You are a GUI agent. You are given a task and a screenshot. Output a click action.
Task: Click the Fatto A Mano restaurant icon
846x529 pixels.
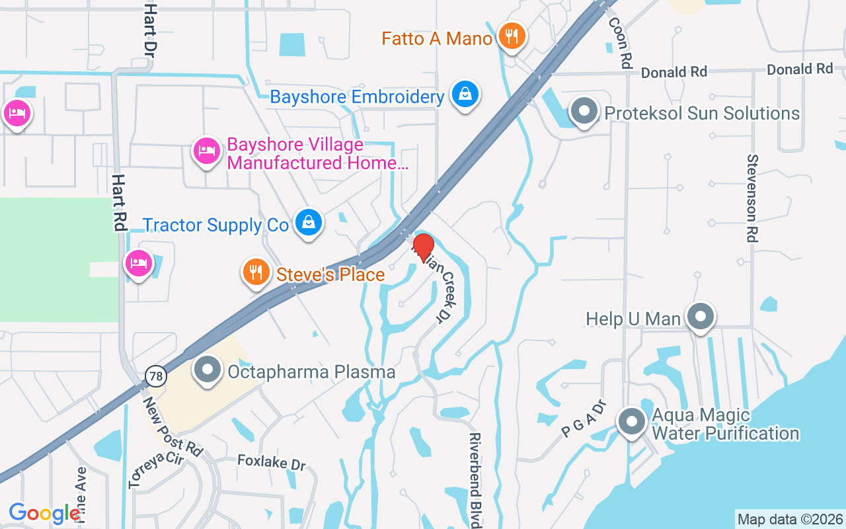tap(511, 36)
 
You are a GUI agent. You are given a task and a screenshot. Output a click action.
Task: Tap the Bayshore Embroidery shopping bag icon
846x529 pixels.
tap(465, 95)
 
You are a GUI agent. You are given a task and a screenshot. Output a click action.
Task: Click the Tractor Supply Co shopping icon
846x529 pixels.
tap(308, 222)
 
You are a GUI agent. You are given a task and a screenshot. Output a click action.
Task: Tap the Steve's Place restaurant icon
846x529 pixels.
tap(256, 272)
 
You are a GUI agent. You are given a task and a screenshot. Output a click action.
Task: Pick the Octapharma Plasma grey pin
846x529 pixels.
tap(208, 370)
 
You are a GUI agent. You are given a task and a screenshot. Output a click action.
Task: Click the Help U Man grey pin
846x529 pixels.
tap(699, 317)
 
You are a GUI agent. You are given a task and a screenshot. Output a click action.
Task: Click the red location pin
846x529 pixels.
tap(423, 247)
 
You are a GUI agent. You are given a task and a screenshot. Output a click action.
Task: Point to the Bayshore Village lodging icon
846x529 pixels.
tap(206, 151)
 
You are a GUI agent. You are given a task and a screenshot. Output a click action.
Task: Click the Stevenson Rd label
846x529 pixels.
tap(752, 198)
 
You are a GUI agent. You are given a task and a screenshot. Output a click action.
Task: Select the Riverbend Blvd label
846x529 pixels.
tap(475, 479)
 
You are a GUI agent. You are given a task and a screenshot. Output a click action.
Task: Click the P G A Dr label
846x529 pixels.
tap(584, 418)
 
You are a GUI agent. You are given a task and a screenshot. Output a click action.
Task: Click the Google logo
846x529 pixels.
tap(44, 513)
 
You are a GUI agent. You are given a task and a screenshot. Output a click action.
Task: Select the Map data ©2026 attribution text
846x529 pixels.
tap(790, 519)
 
